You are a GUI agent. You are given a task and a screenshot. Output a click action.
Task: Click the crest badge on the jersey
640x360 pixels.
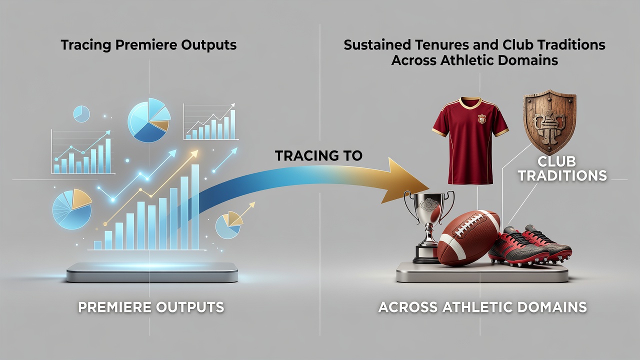tap(482, 118)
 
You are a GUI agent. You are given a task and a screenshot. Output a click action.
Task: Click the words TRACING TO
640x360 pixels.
tap(318, 155)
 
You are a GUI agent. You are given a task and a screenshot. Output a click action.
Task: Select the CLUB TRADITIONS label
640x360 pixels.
tap(562, 168)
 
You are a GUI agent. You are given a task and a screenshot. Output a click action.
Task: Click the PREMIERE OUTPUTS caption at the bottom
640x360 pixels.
tap(151, 307)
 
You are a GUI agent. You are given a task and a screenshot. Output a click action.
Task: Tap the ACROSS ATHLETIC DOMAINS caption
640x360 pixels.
tap(482, 307)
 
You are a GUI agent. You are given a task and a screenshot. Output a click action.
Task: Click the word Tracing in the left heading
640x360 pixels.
tap(85, 45)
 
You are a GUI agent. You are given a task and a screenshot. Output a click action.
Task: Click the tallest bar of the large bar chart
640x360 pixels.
tap(195, 207)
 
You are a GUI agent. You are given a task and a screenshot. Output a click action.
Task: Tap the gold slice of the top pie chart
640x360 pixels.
tap(160, 125)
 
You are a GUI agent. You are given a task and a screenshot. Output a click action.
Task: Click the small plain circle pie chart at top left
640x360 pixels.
tap(81, 114)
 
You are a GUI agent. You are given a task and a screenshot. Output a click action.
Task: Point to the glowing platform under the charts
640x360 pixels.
tap(152, 272)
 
